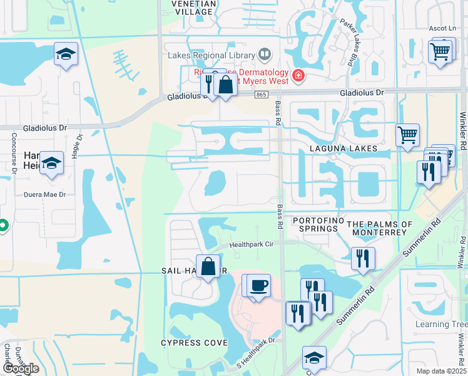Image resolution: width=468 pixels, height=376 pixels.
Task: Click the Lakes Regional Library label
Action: [211, 55]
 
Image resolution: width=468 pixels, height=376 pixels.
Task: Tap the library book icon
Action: [265, 55]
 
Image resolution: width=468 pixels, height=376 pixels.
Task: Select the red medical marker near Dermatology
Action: [298, 76]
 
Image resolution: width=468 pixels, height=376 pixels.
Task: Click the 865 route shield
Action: [261, 95]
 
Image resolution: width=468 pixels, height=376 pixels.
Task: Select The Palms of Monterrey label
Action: [380, 228]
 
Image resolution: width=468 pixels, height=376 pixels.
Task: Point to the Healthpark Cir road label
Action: [252, 245]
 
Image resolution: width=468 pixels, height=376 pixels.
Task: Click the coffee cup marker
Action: [259, 286]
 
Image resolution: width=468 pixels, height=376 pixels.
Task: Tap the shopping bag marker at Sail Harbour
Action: [208, 266]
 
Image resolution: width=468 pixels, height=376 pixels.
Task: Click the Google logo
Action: [20, 368]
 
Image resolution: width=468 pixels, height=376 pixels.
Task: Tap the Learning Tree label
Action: [441, 324]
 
